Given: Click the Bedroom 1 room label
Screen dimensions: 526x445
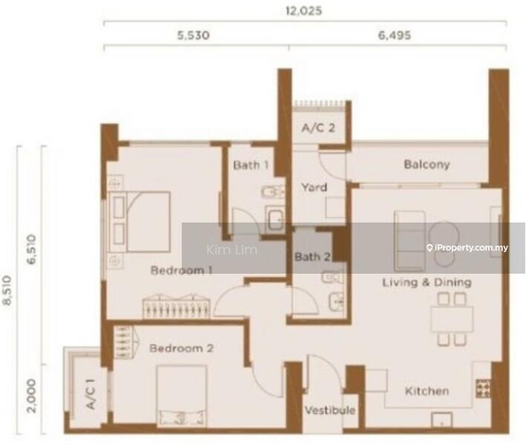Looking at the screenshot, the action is [182, 270].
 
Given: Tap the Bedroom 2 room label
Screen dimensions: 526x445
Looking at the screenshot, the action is [182, 348].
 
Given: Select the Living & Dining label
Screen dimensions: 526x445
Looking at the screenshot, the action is [427, 283].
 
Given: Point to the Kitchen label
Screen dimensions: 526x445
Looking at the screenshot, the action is [427, 391].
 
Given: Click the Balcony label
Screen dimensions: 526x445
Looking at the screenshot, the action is [427, 165].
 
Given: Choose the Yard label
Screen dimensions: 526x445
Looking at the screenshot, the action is [314, 187].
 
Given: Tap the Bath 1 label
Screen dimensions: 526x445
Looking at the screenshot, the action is [251, 165].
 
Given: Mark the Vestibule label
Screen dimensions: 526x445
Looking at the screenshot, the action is [329, 410].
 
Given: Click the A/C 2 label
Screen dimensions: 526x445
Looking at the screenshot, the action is [318, 128].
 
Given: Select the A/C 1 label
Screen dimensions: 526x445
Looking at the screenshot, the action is [91, 394].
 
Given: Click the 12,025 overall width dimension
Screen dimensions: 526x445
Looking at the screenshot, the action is [303, 10].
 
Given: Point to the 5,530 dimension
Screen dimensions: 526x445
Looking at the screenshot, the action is [194, 35].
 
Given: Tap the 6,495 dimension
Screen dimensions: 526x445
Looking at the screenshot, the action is [395, 35].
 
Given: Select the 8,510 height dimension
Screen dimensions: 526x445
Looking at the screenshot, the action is [7, 291].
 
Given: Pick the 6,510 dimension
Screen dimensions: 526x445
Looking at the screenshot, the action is [31, 249].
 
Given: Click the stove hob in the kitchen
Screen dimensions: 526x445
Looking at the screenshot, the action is [483, 389].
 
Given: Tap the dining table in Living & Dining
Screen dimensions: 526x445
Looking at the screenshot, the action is [452, 320].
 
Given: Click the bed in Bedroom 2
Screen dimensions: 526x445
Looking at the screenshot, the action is [182, 395].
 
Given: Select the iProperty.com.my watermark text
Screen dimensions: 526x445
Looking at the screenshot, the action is [467, 248].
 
